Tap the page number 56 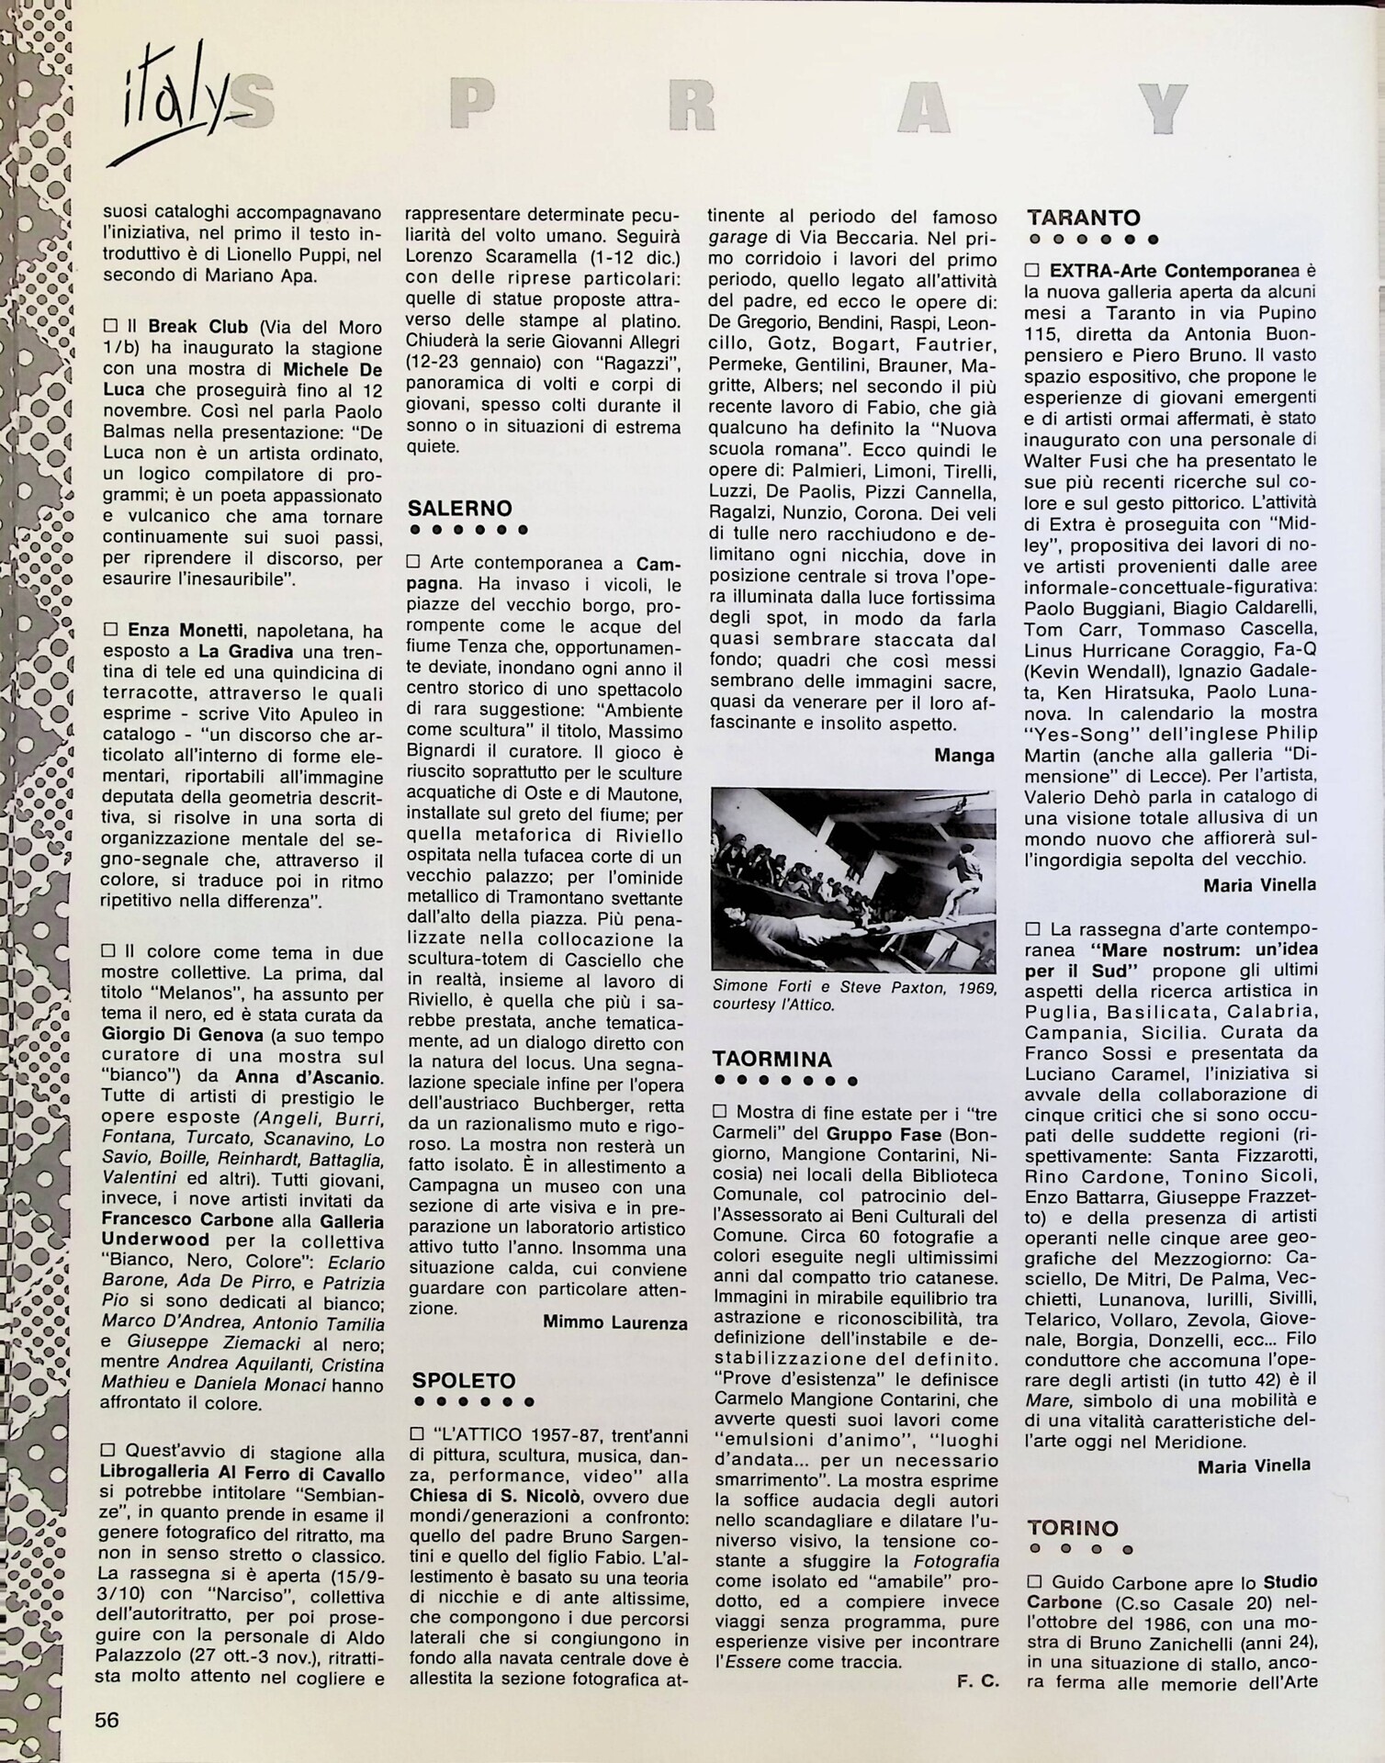[107, 1719]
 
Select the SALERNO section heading [459, 509]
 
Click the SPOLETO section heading [464, 1381]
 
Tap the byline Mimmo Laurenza [614, 1322]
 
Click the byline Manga [963, 756]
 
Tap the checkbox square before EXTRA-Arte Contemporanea [1031, 272]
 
